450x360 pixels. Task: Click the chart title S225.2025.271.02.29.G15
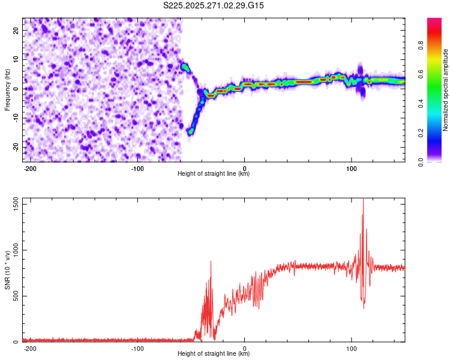click(x=214, y=6)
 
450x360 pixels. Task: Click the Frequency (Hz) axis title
click(x=8, y=89)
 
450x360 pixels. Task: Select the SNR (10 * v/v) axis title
click(x=8, y=269)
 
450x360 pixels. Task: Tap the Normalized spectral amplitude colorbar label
click(x=446, y=89)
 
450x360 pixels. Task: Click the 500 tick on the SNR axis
click(x=14, y=296)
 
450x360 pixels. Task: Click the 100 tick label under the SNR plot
click(x=352, y=348)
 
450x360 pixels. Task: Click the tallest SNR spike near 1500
click(x=363, y=200)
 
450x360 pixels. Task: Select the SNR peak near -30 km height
click(x=211, y=262)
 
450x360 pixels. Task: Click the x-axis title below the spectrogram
click(x=214, y=174)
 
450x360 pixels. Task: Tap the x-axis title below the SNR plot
click(x=214, y=354)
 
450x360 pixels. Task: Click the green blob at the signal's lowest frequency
click(x=191, y=131)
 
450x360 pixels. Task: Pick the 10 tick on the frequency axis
click(x=16, y=59)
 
